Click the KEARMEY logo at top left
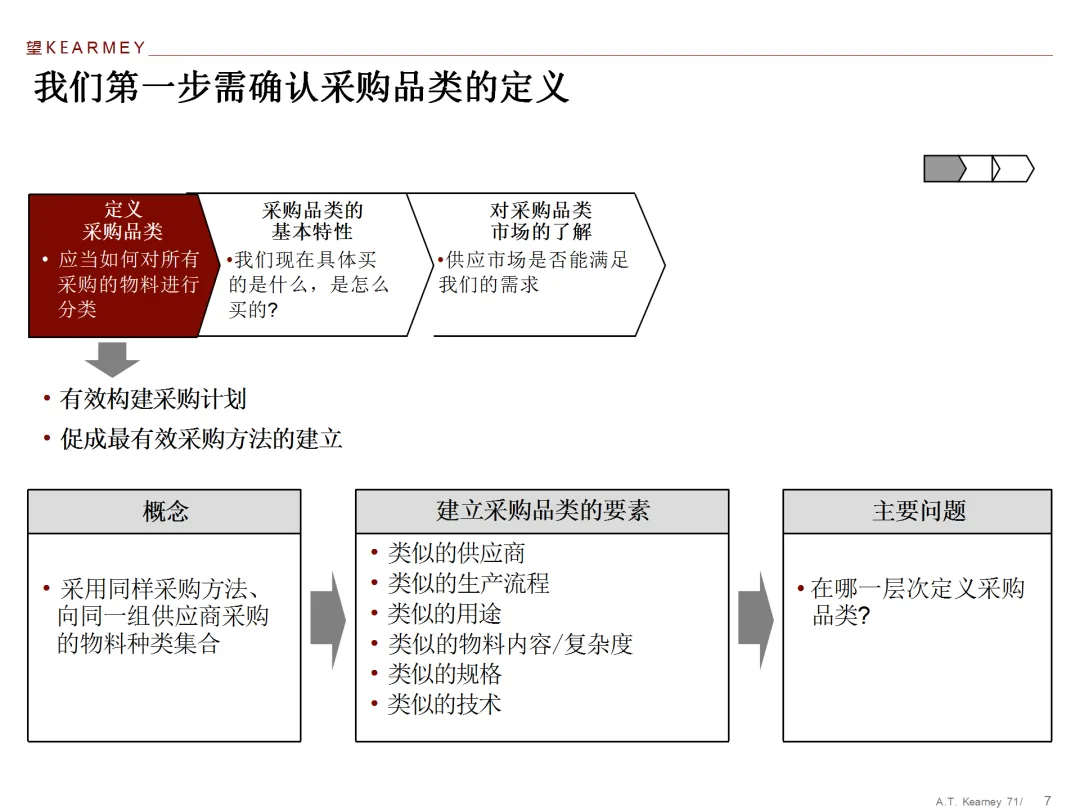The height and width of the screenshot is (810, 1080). click(86, 47)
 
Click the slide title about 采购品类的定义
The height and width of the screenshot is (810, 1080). click(301, 87)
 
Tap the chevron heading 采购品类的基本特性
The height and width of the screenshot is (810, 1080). click(312, 221)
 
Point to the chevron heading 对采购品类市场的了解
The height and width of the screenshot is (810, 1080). click(540, 221)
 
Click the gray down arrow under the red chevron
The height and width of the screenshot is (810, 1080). click(112, 357)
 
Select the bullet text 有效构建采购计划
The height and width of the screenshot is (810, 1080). click(152, 399)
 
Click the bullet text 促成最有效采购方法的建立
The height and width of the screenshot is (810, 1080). click(201, 438)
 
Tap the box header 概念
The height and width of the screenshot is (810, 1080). click(165, 512)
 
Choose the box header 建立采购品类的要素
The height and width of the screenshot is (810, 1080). click(542, 511)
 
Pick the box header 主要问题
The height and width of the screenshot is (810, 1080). click(918, 511)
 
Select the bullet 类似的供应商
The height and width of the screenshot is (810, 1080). click(456, 553)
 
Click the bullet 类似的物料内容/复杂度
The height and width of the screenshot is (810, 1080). click(510, 644)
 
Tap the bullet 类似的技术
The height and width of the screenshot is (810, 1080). click(444, 704)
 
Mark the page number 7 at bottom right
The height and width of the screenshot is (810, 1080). click(1047, 800)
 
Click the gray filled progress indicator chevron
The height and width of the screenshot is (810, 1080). click(943, 169)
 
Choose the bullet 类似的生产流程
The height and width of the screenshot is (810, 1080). click(468, 583)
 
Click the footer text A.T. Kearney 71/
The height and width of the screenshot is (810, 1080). click(979, 801)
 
